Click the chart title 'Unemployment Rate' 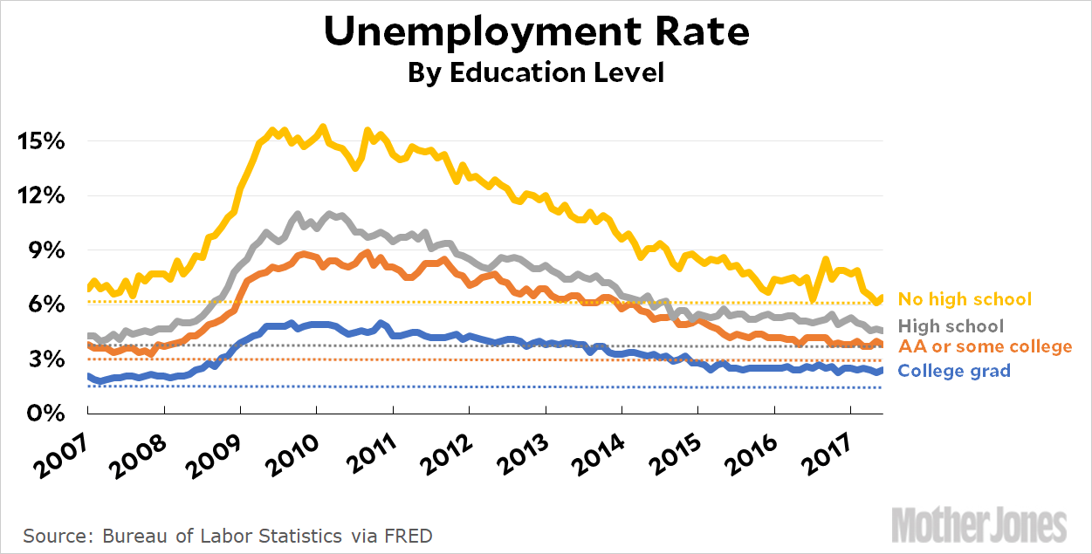coord(536,32)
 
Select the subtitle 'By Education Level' coord(536,72)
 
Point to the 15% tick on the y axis coord(41,141)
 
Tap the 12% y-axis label coord(41,195)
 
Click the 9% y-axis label coord(45,250)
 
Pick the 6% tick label coord(45,304)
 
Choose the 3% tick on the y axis coord(45,359)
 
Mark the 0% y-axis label coord(45,413)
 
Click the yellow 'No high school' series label coord(965,299)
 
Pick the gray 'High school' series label coord(951,326)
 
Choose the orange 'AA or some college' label coord(985,346)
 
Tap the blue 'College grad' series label coord(954,371)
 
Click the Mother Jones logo coord(979,524)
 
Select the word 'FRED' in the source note coord(409,535)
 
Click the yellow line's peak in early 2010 coord(323,127)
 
